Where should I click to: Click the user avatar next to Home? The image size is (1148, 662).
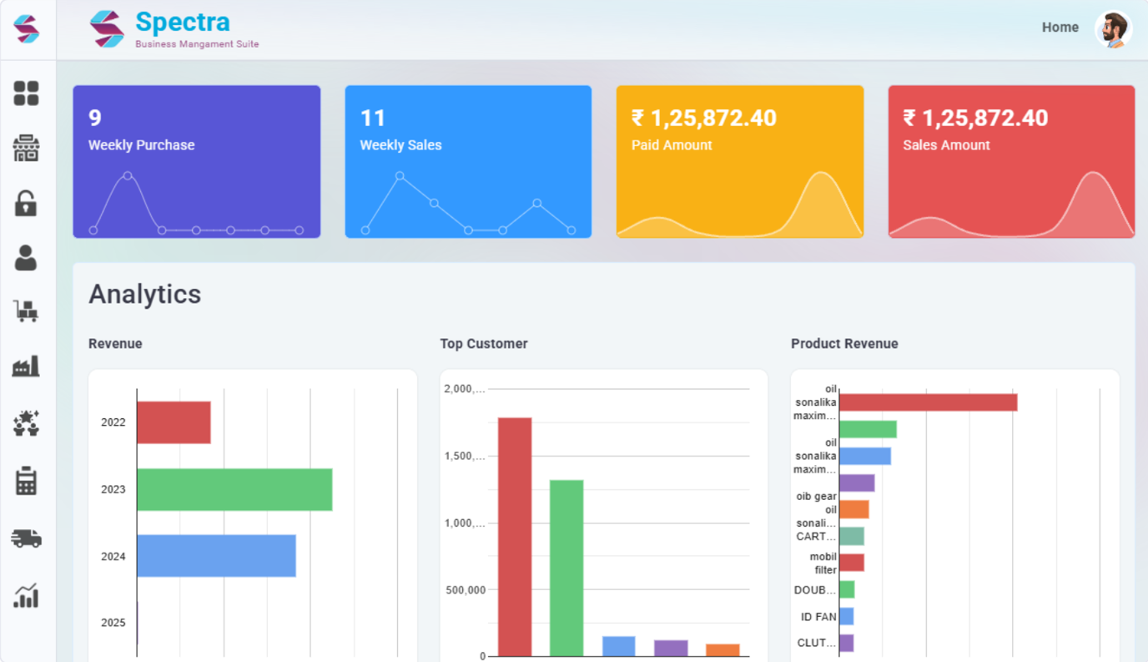[1113, 29]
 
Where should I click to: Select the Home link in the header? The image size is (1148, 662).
[1060, 28]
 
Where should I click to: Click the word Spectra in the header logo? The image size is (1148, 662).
[182, 22]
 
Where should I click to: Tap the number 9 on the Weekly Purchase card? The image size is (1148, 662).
[95, 118]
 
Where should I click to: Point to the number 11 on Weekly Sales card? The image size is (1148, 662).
[372, 118]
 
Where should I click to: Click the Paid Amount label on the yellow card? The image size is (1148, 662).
[672, 145]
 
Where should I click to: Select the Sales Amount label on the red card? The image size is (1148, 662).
[946, 145]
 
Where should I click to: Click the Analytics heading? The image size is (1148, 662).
[144, 294]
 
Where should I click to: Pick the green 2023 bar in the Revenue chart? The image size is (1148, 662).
[234, 489]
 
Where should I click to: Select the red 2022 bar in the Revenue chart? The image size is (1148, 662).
[174, 422]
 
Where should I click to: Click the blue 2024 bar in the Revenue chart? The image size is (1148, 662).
[216, 556]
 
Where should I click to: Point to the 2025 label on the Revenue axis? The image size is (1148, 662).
[113, 623]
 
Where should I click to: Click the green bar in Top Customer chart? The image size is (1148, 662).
[566, 568]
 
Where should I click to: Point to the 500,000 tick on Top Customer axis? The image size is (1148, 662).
[466, 590]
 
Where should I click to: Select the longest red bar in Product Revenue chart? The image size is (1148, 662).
[928, 402]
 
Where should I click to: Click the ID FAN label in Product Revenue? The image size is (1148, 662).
[818, 617]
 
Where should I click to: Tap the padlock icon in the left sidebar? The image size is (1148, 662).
[26, 203]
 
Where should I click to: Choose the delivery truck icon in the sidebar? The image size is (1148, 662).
[26, 538]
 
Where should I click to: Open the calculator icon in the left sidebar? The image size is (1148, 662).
[26, 481]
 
